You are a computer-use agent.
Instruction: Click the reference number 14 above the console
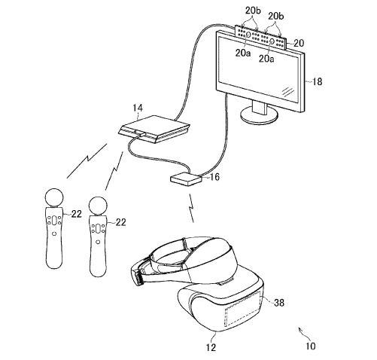(x=138, y=108)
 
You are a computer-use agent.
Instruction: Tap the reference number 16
(x=214, y=177)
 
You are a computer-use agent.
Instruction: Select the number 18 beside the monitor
(x=317, y=82)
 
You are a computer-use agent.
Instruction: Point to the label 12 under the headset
(x=211, y=347)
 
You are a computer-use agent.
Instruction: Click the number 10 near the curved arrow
(x=311, y=346)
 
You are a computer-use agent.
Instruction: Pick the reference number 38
(x=279, y=303)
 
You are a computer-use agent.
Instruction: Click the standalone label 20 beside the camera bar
(x=299, y=44)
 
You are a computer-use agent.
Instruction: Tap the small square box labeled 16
(x=186, y=179)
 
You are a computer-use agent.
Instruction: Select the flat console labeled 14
(x=154, y=129)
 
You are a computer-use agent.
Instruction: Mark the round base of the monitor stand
(x=259, y=116)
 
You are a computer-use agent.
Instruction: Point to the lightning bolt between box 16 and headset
(x=191, y=208)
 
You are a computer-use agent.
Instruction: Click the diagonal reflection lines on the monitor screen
(x=288, y=92)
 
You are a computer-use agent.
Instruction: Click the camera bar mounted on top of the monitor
(x=260, y=37)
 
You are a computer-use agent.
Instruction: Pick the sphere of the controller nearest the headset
(x=99, y=206)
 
